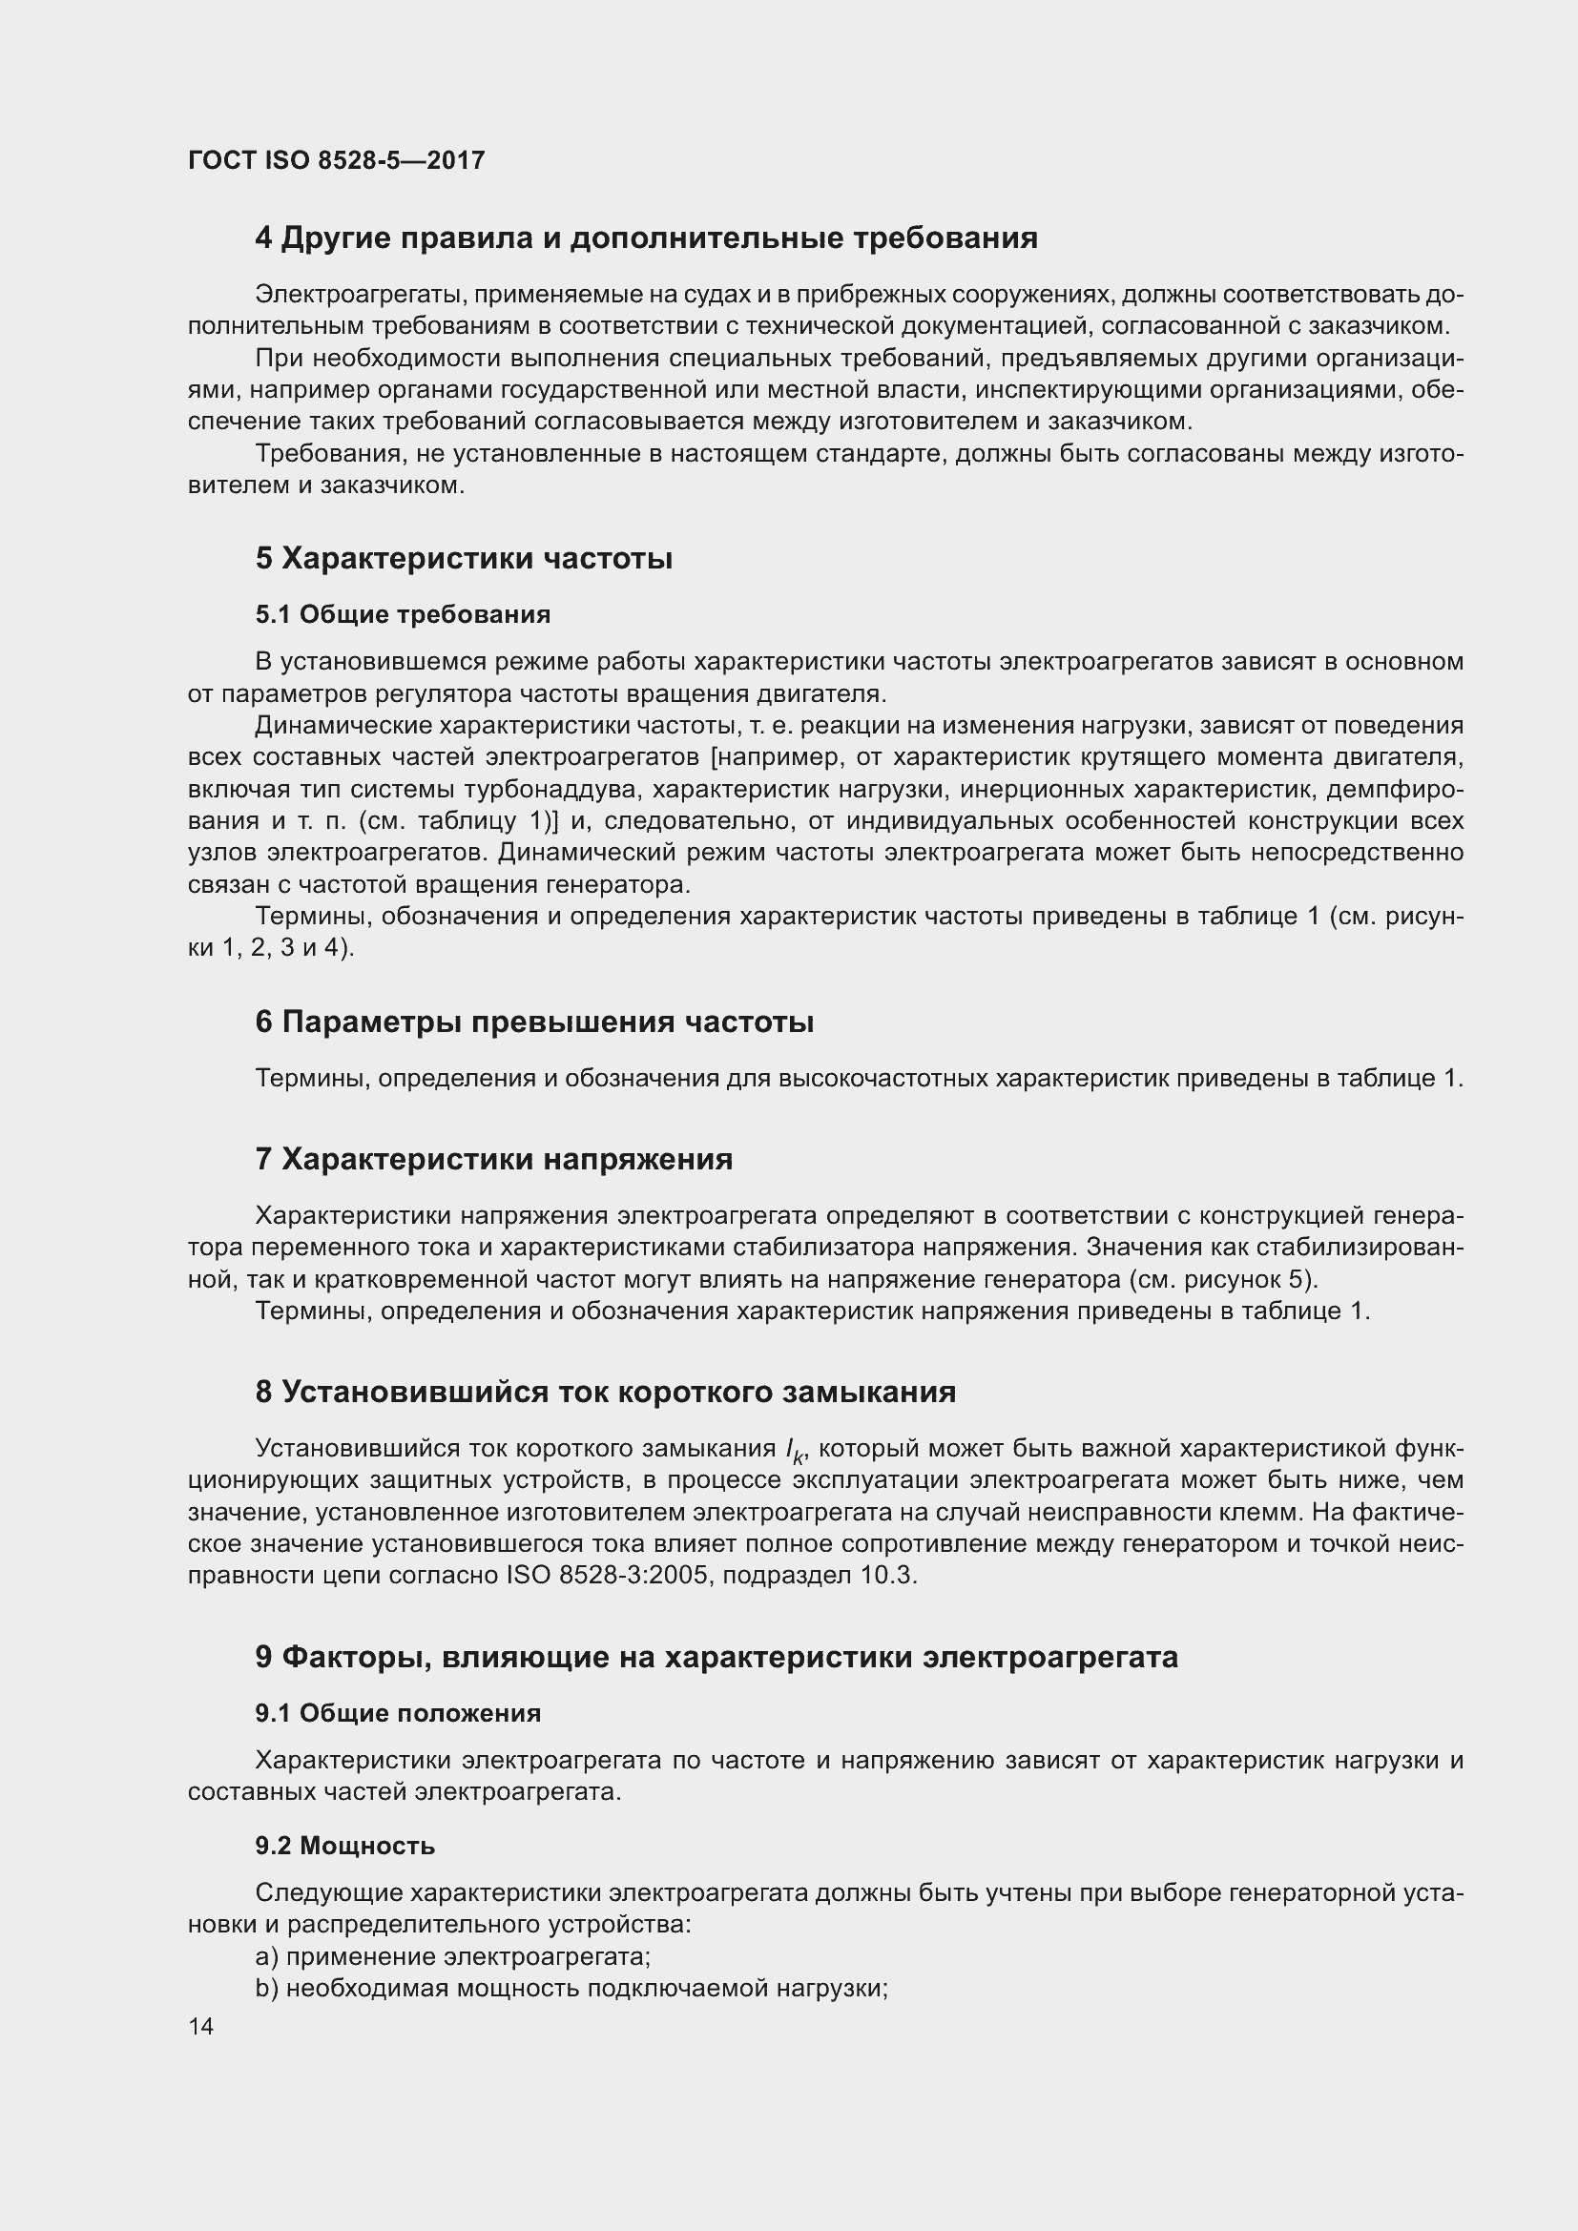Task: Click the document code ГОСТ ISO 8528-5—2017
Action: pyautogui.click(x=336, y=160)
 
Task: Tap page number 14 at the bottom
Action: pyautogui.click(x=201, y=2026)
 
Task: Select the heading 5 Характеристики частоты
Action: pyautogui.click(x=464, y=559)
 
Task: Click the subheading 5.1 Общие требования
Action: pyautogui.click(x=403, y=615)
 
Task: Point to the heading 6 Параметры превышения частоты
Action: pyautogui.click(x=534, y=1023)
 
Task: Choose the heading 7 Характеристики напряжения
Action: pyautogui.click(x=493, y=1159)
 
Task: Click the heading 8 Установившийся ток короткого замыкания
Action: pyautogui.click(x=606, y=1393)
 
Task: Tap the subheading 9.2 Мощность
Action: pyautogui.click(x=345, y=1846)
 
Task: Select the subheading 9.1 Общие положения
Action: pyautogui.click(x=398, y=1713)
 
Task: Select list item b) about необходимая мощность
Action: pyautogui.click(x=571, y=1988)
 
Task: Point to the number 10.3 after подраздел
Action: pyautogui.click(x=887, y=1575)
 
